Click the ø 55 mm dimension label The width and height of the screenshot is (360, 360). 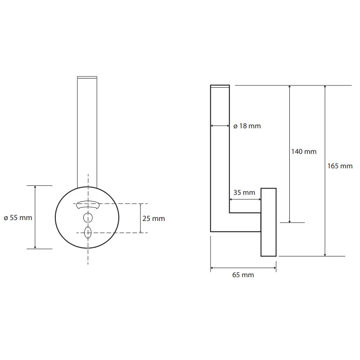point(18,218)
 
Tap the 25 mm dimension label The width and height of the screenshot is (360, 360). point(153,219)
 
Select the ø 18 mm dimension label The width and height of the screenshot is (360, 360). point(247,126)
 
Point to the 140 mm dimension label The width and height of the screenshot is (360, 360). point(304,152)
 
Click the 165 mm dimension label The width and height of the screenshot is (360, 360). point(340,166)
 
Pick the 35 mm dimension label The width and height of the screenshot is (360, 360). point(244,193)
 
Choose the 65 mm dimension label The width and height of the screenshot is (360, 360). point(243,275)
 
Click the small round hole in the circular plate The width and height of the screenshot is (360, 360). point(88,218)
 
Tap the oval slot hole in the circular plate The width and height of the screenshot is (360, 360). point(88,233)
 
